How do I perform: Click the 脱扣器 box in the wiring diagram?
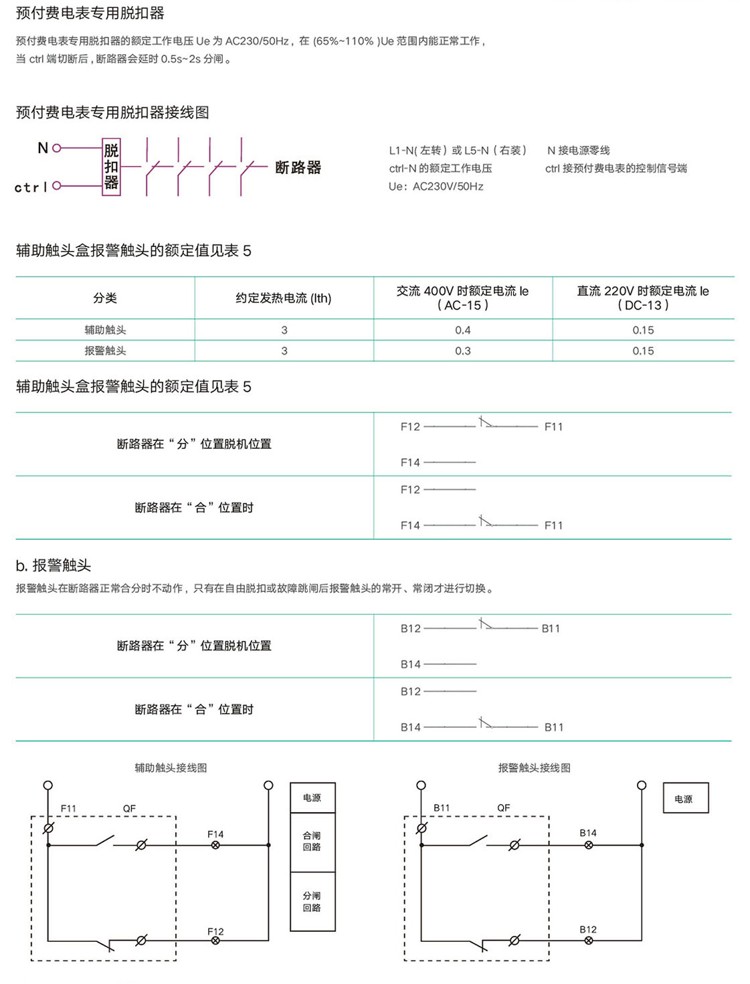(111, 167)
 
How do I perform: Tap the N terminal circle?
(57, 148)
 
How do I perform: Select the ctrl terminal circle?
(57, 185)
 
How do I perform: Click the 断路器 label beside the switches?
(298, 167)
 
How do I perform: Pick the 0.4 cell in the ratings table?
(462, 330)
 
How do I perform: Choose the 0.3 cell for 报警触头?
(462, 351)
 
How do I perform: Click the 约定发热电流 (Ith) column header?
(283, 298)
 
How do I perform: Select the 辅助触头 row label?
(105, 330)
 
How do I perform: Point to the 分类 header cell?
(105, 298)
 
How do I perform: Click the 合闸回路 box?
(312, 842)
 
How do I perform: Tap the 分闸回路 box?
(312, 902)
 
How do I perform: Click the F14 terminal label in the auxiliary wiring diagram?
(215, 834)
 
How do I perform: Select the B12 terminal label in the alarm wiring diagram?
(588, 929)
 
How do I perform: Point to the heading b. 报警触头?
(54, 566)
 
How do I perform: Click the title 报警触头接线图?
(534, 768)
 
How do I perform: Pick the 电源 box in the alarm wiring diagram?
(684, 799)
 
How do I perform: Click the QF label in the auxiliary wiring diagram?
(129, 809)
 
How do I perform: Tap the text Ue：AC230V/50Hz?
(436, 187)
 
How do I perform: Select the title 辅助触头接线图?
(171, 768)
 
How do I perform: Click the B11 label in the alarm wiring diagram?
(442, 807)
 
